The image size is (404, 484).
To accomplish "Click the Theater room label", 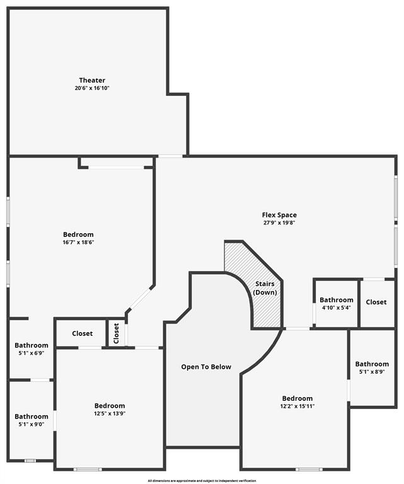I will point(92,80).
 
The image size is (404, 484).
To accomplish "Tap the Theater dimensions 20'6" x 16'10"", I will point(92,88).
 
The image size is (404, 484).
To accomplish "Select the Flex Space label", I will point(279,215).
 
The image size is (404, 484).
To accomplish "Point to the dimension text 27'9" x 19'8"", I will point(279,222).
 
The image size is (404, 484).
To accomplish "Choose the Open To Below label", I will point(206,367).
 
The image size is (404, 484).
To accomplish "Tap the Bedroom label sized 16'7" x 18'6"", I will point(78,234).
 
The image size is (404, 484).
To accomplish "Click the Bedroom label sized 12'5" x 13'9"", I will point(110,405).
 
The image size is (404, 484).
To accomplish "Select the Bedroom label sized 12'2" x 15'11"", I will point(297,398).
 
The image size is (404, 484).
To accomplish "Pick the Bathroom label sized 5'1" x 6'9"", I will point(32,345).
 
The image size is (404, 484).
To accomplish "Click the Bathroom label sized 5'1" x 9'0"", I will point(32,417).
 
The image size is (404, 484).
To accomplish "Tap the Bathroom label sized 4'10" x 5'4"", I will point(336,300).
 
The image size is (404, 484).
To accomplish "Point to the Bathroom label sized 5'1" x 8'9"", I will point(372,364).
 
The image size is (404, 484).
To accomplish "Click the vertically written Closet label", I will point(116,333).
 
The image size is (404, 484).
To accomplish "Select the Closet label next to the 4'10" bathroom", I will point(376,302).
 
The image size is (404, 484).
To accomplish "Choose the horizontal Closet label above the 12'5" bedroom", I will point(82,333).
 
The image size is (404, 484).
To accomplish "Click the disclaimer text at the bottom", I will point(202,481).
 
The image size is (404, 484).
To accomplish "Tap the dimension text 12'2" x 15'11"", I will point(297,406).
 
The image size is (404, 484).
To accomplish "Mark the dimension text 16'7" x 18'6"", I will point(78,242).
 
